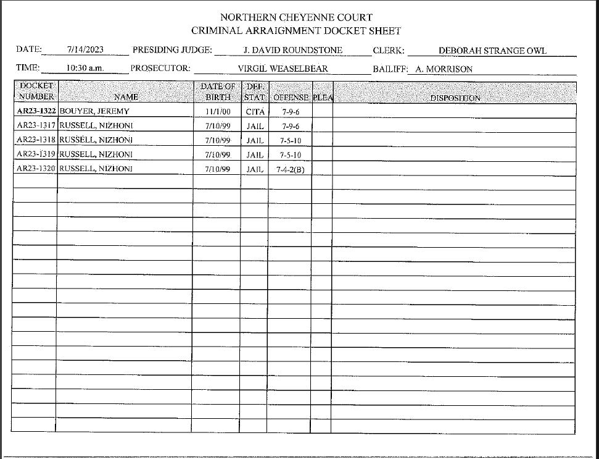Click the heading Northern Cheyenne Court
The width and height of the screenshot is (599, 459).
pos(296,17)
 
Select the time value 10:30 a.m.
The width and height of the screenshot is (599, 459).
pos(85,69)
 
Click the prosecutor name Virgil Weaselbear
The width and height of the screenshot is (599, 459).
pos(283,69)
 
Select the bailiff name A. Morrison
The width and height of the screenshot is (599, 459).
pos(444,69)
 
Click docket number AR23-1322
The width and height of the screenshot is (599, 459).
pos(36,112)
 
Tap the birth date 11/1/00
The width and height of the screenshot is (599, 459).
pos(217,112)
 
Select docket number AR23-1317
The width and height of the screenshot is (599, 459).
pos(36,126)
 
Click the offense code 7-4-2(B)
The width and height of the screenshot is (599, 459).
pos(290,169)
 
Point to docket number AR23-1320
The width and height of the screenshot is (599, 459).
pos(36,169)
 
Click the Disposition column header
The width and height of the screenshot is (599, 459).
pos(455,98)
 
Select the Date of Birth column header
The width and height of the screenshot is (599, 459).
pos(218,91)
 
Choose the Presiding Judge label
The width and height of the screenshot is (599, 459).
pos(173,50)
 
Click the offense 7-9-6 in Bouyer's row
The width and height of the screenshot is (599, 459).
pos(288,112)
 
